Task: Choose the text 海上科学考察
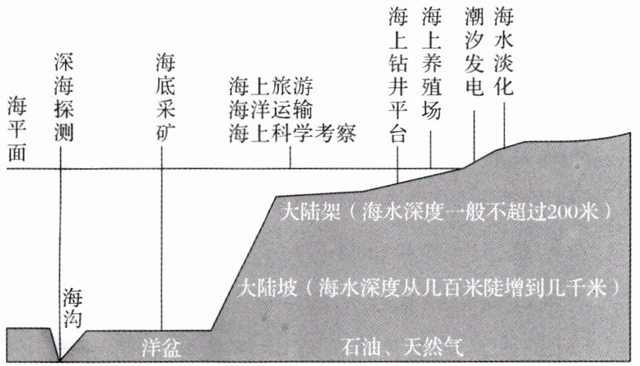point(292,134)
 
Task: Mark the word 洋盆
point(157,348)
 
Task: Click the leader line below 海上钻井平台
point(398,162)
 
